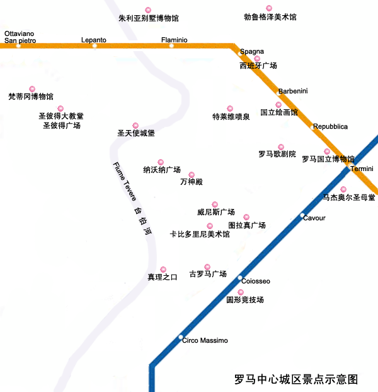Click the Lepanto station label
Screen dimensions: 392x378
point(94,40)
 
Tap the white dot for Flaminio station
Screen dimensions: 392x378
point(171,45)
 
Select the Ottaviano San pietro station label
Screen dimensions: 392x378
point(20,37)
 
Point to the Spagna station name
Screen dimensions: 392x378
point(252,51)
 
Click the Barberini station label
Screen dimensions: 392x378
point(293,91)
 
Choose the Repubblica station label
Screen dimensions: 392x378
point(330,126)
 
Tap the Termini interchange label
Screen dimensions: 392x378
point(362,169)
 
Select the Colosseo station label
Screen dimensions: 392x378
point(256,280)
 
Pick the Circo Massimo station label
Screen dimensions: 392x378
point(205,340)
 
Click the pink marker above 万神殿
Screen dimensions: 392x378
point(192,175)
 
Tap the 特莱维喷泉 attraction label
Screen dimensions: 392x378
point(231,117)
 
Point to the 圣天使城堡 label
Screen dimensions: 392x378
point(136,133)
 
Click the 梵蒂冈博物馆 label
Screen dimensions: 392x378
point(31,97)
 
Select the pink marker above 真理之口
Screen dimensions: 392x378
point(163,270)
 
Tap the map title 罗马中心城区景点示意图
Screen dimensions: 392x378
point(296,379)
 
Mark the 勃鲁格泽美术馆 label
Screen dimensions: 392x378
point(270,17)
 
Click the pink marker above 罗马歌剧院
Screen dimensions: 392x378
point(281,147)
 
